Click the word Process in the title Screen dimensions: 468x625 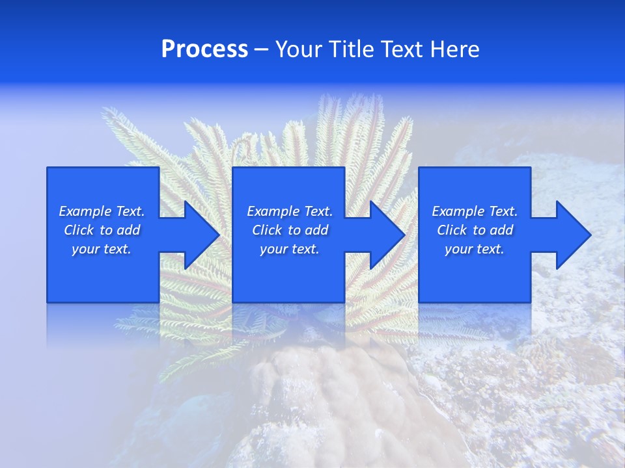tap(204, 49)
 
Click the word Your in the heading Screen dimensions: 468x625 tap(300, 49)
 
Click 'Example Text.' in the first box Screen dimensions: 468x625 tap(102, 211)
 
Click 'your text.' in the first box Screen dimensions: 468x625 tap(102, 249)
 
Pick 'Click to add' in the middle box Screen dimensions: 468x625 tap(290, 230)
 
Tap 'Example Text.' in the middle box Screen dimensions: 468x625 tap(290, 211)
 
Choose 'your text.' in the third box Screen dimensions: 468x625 tap(475, 249)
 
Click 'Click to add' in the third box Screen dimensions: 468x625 tap(475, 230)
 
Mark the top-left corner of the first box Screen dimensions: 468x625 tap(48, 168)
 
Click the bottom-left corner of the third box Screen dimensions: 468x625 tap(419, 302)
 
